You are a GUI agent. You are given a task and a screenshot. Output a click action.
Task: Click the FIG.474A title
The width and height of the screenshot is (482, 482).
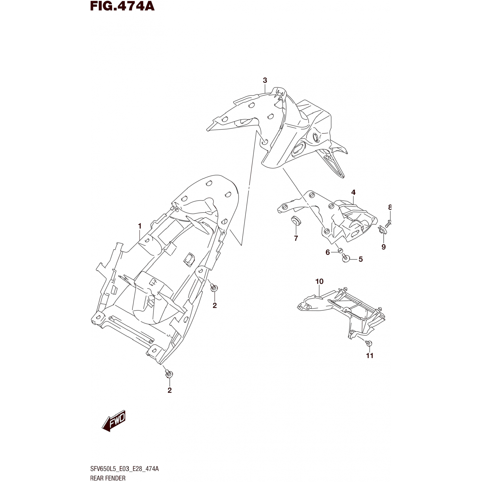tap(122, 6)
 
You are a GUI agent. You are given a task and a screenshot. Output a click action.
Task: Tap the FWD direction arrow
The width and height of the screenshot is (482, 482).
tap(114, 421)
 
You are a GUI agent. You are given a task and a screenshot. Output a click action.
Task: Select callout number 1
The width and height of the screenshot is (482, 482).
tap(139, 226)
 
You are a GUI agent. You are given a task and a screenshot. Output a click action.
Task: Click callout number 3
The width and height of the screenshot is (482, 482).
tap(265, 80)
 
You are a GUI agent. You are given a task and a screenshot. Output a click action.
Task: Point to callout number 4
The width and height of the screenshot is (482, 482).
tap(353, 192)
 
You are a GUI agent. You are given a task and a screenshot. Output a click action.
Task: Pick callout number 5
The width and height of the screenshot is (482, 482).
tap(361, 259)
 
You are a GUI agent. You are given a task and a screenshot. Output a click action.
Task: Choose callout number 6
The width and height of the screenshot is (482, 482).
tap(327, 252)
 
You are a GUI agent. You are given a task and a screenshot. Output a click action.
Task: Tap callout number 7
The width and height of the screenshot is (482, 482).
tap(296, 238)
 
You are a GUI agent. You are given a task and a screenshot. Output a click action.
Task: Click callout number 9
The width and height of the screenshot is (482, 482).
tap(383, 247)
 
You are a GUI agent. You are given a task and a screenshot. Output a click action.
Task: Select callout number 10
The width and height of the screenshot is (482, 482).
tap(319, 281)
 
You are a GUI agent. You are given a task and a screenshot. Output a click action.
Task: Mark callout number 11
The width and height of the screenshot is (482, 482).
tap(370, 355)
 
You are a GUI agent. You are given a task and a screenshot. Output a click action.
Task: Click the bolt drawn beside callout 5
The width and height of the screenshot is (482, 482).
tap(346, 258)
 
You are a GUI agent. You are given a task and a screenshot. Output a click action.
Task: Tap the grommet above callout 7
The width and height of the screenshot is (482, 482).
tap(295, 221)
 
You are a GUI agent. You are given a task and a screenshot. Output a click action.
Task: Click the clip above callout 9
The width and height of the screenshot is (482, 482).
tap(382, 230)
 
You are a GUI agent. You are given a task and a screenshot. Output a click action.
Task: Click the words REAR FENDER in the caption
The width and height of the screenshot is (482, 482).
tap(108, 478)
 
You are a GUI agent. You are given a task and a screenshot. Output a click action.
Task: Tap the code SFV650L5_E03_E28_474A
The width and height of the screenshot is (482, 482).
tap(124, 469)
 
